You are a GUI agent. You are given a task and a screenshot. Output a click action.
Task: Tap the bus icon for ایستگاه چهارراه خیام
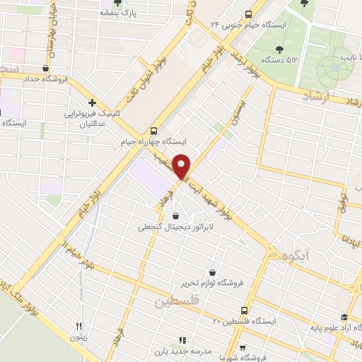[x=154, y=131]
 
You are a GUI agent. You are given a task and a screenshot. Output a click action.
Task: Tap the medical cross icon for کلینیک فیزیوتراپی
[x=93, y=103]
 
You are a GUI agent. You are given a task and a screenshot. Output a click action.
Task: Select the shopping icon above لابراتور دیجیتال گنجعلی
[x=175, y=216]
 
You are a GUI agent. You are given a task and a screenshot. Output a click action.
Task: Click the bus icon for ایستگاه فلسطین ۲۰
[x=245, y=310]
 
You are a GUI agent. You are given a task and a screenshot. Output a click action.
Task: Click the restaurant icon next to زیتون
[x=80, y=327]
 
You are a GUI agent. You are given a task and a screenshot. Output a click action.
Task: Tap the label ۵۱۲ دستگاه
[x=279, y=61]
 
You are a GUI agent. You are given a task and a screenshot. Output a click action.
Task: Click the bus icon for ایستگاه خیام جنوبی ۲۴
[x=247, y=14]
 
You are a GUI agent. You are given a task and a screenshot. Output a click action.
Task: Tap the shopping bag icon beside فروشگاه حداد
[x=46, y=69]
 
